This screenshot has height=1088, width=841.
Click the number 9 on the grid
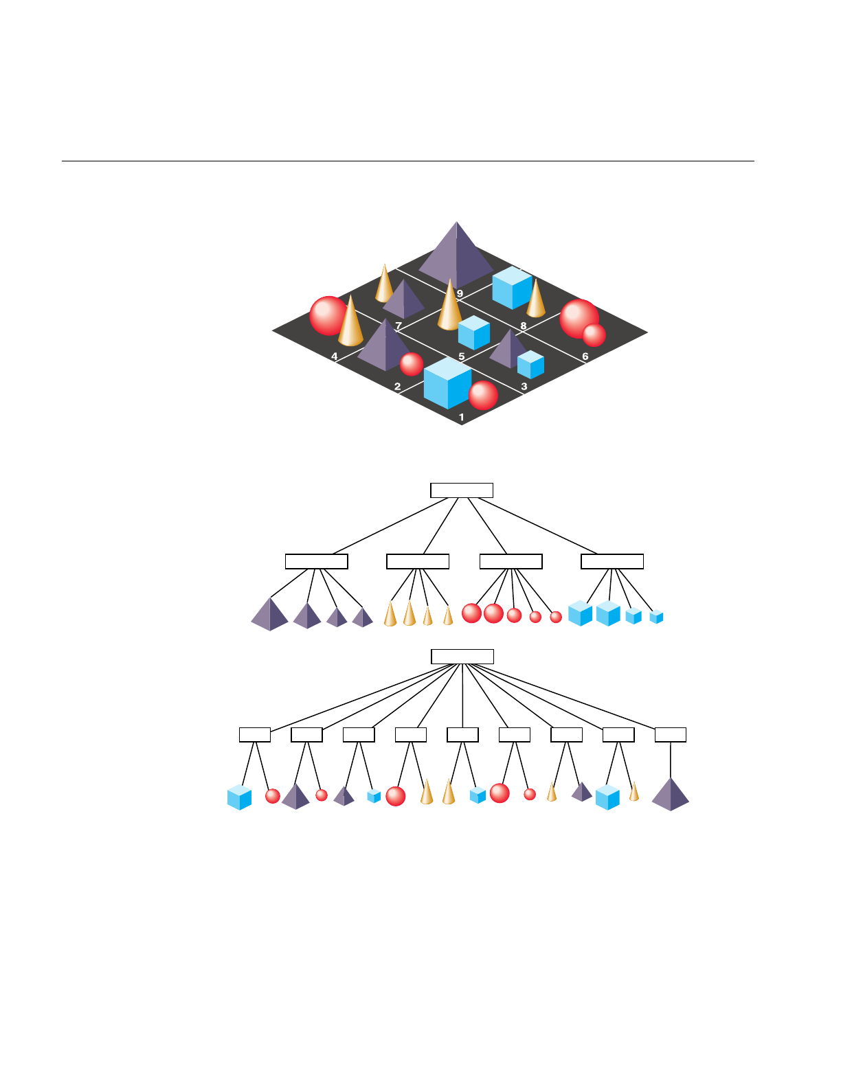[460, 294]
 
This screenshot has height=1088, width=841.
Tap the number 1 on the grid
[462, 417]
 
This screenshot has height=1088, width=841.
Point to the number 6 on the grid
[585, 356]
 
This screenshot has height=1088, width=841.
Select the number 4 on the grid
[335, 356]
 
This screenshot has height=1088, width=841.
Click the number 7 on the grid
[399, 326]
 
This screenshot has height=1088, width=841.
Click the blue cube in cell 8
[512, 288]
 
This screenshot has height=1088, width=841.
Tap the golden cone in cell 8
[536, 299]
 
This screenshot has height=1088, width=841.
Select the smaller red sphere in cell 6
[594, 335]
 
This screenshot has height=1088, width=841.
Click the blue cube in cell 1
[447, 383]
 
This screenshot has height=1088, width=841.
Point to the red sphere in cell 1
[483, 396]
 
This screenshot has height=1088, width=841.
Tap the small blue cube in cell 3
[530, 365]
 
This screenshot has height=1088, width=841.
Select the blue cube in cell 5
[474, 333]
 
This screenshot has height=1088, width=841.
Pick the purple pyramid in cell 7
[404, 299]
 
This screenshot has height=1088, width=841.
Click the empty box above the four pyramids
[316, 561]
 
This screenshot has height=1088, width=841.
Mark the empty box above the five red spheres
[511, 561]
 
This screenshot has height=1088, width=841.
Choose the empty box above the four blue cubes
[612, 561]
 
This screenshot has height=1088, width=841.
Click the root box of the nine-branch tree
[462, 656]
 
